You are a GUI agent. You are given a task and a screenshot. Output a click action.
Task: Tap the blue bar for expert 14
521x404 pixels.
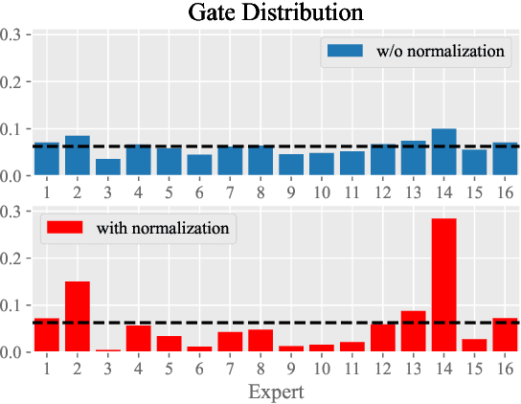[x=444, y=152]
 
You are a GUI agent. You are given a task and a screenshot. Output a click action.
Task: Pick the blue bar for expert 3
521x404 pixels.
[x=108, y=168]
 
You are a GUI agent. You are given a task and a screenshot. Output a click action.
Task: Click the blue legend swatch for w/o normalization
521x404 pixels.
[x=341, y=52]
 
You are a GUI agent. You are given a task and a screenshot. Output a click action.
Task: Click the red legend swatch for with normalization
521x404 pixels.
[x=60, y=228]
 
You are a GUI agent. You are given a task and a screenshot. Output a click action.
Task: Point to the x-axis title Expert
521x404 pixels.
[x=276, y=392]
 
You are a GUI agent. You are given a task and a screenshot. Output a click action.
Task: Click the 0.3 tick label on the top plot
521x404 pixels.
[x=16, y=35]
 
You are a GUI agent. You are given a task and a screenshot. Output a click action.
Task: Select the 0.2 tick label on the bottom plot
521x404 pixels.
[x=16, y=258]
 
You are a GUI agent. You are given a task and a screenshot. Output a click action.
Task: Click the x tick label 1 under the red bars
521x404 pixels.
[x=47, y=367]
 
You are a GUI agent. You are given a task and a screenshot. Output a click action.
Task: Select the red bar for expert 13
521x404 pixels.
[x=414, y=331]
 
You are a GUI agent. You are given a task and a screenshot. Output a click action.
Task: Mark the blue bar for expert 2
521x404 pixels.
[x=78, y=156]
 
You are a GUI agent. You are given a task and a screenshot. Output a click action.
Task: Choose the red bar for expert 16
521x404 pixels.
[x=505, y=335]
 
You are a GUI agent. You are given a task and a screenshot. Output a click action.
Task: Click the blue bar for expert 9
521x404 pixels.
[x=291, y=166]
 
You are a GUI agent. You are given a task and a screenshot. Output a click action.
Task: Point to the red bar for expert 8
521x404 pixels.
[x=260, y=341]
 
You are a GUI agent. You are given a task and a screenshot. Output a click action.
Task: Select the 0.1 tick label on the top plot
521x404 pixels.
[x=16, y=129]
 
